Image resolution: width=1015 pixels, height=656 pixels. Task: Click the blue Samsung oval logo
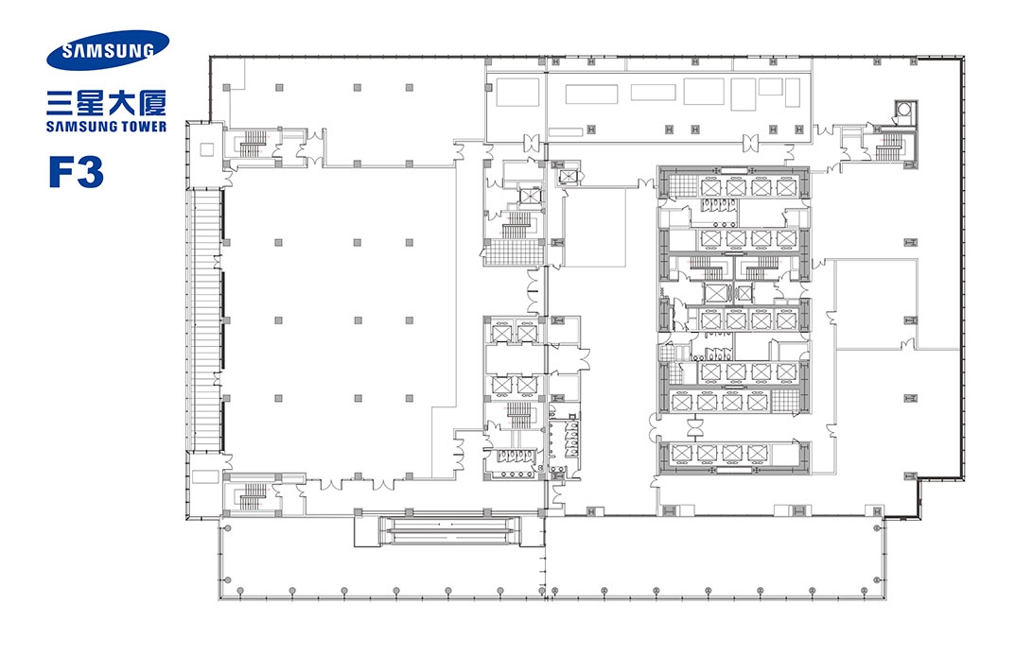pyautogui.click(x=108, y=50)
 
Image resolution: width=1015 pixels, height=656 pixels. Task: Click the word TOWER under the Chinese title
pyautogui.click(x=140, y=127)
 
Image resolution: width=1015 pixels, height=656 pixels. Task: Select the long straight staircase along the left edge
pyautogui.click(x=205, y=319)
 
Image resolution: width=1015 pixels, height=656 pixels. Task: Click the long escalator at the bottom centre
pyautogui.click(x=448, y=530)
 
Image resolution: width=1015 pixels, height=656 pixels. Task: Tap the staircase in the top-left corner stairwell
pyautogui.click(x=254, y=145)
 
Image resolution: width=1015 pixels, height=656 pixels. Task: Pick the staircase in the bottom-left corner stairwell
pyautogui.click(x=254, y=497)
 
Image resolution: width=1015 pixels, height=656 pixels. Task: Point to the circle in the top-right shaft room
pyautogui.click(x=903, y=110)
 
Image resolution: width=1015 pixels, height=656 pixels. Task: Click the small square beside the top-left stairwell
pyautogui.click(x=206, y=150)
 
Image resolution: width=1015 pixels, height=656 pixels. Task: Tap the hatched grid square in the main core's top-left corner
pyautogui.click(x=682, y=187)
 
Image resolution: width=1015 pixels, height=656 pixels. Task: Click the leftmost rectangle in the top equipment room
pyautogui.click(x=517, y=93)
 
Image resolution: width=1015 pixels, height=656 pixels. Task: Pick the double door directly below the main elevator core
pyautogui.click(x=696, y=427)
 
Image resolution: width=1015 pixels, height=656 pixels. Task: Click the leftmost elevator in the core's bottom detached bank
pyautogui.click(x=682, y=452)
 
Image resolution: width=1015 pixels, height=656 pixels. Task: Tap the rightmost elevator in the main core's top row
pyautogui.click(x=786, y=187)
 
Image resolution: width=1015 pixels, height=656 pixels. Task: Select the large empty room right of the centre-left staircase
pyautogui.click(x=594, y=227)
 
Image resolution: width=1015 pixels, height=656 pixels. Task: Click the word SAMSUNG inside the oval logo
pyautogui.click(x=108, y=50)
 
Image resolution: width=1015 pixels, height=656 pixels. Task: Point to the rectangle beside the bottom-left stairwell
pyautogui.click(x=205, y=476)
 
